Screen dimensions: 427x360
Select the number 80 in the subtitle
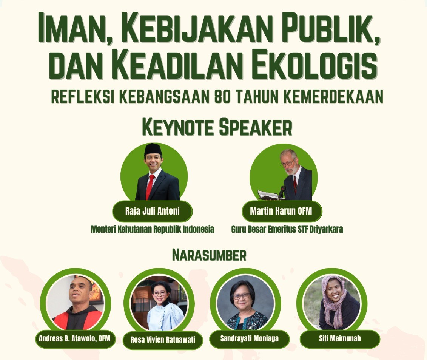[x=222, y=96]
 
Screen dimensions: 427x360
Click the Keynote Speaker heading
[x=217, y=128]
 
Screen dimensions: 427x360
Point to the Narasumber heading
[x=209, y=255]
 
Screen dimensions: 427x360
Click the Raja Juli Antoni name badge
[x=152, y=211]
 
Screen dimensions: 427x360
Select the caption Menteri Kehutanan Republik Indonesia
[x=152, y=229]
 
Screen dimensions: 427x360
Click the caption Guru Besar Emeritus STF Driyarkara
[x=287, y=229]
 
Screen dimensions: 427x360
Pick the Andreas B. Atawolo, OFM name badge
[x=75, y=338]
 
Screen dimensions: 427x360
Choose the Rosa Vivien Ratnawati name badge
[x=163, y=340]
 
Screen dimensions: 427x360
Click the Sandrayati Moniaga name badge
[x=249, y=338]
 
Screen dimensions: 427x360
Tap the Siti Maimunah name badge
[x=339, y=338]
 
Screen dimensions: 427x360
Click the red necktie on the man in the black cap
[x=150, y=186]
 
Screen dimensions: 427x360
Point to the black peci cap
[x=153, y=149]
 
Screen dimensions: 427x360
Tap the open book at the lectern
[x=268, y=195]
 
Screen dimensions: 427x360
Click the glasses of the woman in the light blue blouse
[x=159, y=294]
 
